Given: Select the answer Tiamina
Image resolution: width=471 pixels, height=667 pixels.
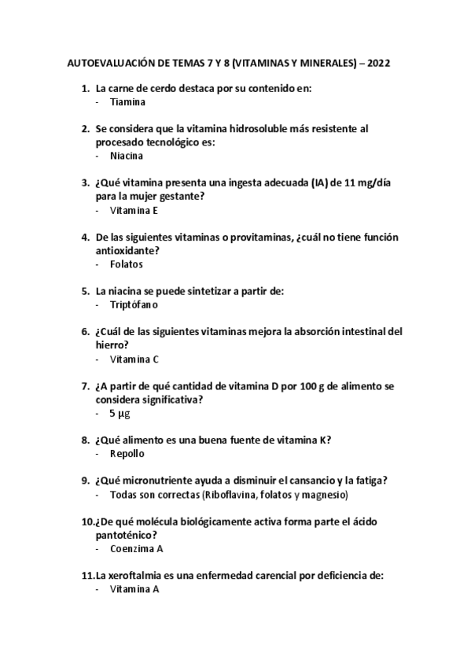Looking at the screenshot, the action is point(127,101).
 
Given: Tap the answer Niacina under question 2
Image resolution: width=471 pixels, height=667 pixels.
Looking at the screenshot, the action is point(127,155).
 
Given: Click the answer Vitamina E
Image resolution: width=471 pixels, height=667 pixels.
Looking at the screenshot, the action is point(134,210).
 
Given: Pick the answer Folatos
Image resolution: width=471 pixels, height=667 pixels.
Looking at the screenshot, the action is point(127,264).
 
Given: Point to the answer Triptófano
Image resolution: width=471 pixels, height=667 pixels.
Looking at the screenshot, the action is point(134,304).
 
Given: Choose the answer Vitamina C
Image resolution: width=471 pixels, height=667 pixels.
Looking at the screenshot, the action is point(134,359).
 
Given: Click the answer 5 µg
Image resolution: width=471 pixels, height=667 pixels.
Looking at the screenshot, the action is point(120,413).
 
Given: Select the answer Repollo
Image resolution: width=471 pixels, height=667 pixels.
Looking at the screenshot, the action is point(127,454).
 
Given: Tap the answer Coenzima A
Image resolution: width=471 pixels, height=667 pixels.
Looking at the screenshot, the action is point(137,548).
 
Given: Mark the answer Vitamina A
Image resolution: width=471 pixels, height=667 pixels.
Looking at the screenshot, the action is point(134,589).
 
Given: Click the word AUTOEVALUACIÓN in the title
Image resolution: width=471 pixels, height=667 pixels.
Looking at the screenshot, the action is point(112,61).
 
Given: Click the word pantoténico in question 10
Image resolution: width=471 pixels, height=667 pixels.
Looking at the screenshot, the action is point(126,535).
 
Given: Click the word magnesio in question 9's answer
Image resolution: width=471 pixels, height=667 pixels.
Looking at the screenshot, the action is point(322,495).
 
